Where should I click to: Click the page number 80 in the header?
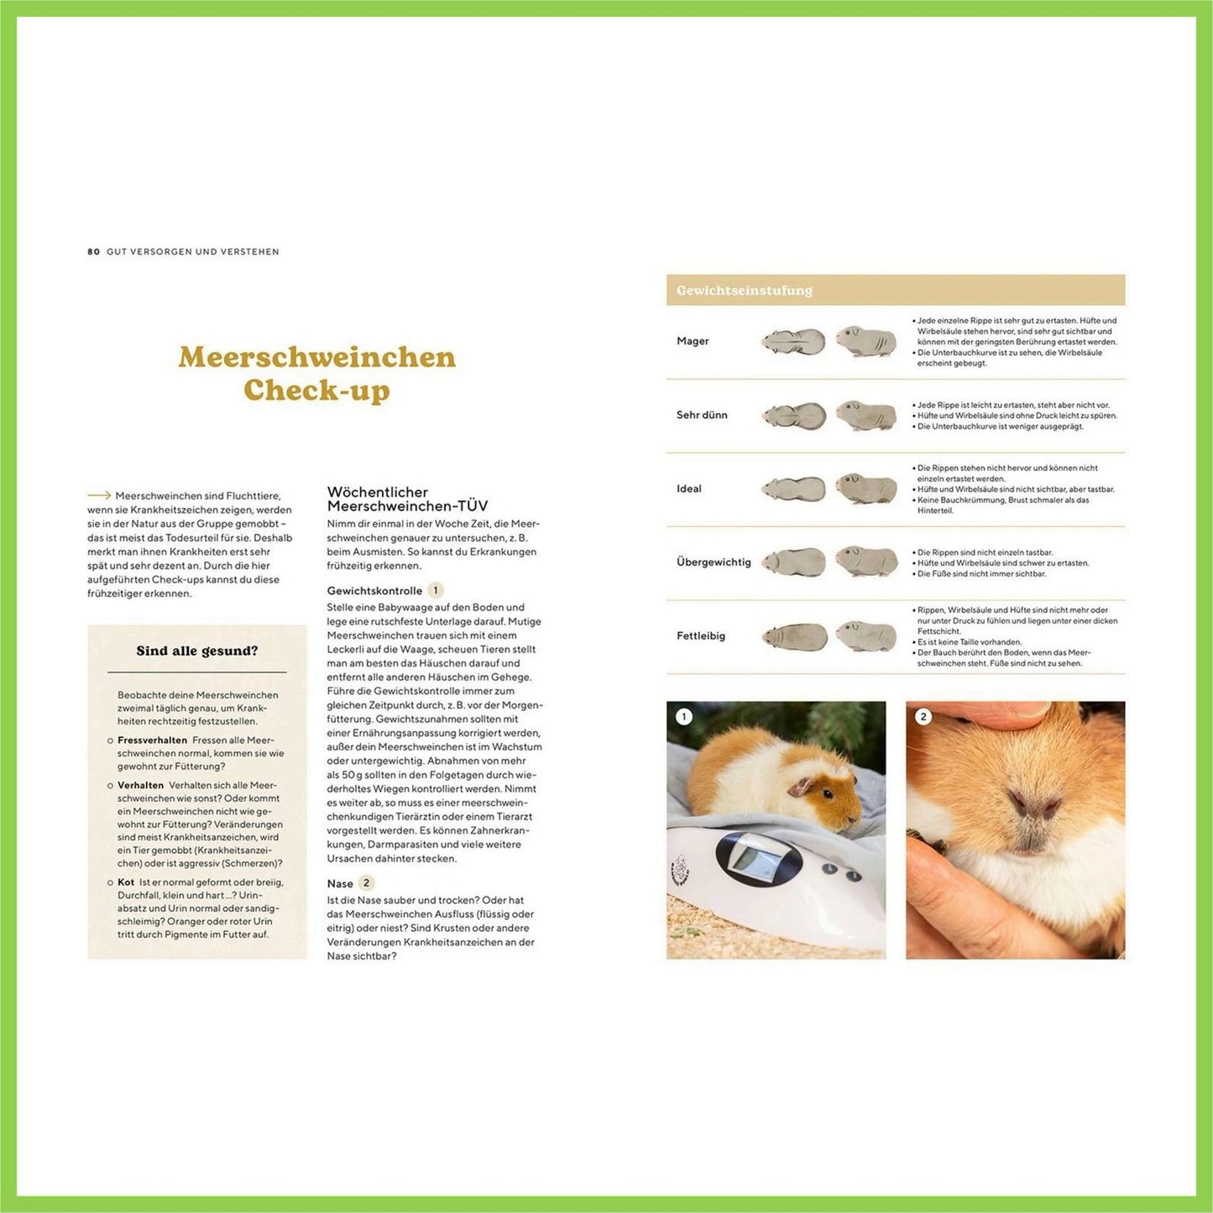coord(93,252)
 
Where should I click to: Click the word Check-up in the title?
coord(316,390)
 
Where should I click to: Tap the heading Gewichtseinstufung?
coord(744,290)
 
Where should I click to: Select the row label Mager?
coord(693,341)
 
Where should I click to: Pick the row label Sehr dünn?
coord(702,415)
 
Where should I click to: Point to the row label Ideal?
coord(688,489)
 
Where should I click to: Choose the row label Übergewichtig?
coord(714,562)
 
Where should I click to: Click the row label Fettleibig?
coord(701,635)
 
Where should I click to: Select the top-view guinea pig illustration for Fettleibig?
coord(794,637)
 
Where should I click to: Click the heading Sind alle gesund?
coord(197,651)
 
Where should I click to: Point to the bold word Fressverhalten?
coord(152,740)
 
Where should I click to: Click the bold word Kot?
coord(126,882)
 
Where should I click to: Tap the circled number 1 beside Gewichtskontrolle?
coord(436,590)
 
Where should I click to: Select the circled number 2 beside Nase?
coord(366,882)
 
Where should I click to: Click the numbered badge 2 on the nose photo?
coord(923,717)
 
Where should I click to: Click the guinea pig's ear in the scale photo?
coord(801,787)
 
